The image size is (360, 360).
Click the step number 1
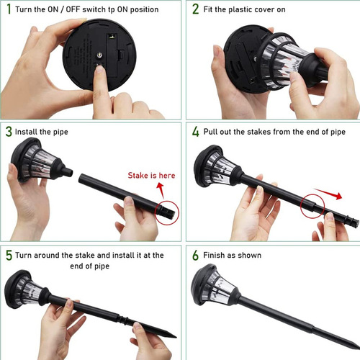click(x=9, y=9)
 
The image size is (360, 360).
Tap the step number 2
click(x=196, y=9)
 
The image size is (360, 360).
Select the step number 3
click(x=9, y=132)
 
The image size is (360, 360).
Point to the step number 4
click(x=196, y=132)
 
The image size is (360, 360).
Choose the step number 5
click(x=9, y=255)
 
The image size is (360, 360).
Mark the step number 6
click(x=196, y=255)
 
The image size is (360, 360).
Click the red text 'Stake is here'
click(x=151, y=176)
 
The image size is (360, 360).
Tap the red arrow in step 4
click(x=328, y=194)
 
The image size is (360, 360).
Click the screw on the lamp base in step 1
click(x=99, y=55)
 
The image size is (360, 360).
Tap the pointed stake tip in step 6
click(x=358, y=348)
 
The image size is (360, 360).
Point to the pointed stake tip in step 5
click(x=176, y=337)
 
